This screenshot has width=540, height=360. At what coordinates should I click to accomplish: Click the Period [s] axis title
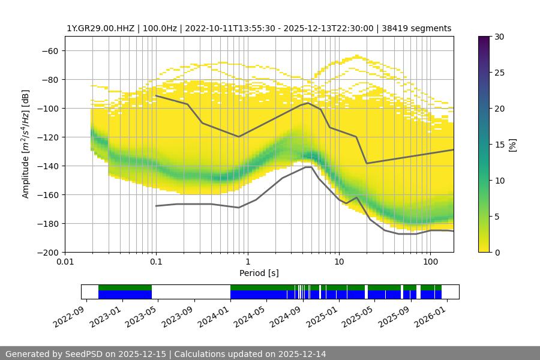(259, 273)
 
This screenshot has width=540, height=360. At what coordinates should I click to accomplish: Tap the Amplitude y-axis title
(25, 144)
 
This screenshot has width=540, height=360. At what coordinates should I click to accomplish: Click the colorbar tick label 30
(499, 37)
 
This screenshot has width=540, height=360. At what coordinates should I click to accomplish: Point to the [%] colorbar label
(512, 145)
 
